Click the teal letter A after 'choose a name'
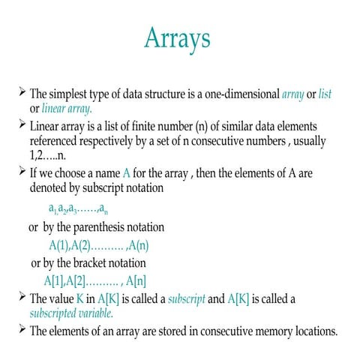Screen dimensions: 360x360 point(126,173)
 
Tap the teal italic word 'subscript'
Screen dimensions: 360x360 point(182,298)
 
